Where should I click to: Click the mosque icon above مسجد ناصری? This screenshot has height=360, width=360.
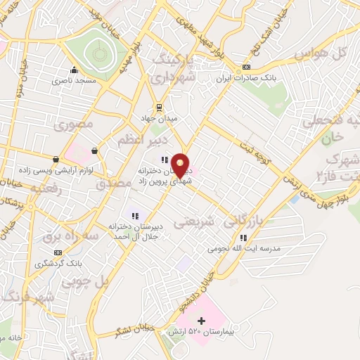[74, 70]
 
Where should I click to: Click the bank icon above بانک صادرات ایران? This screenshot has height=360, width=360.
[245, 67]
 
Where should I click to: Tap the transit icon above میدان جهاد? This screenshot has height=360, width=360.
[160, 107]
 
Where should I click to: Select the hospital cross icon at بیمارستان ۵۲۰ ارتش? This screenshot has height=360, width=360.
[202, 321]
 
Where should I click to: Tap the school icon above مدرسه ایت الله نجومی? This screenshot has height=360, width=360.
[243, 238]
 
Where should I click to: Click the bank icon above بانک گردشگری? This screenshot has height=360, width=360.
[56, 252]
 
